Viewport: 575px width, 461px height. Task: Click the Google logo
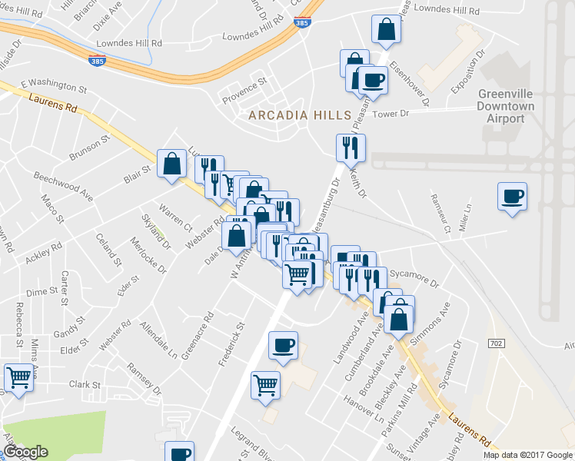tap(25, 452)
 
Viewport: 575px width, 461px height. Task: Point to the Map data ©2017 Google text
tap(527, 455)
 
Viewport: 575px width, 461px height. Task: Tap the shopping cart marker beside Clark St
tap(18, 377)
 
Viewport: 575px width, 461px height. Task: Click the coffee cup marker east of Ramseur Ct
tap(512, 197)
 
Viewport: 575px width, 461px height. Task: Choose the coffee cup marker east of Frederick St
tap(283, 345)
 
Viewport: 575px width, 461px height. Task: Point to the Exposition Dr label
tap(469, 72)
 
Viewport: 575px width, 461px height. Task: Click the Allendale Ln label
tap(158, 342)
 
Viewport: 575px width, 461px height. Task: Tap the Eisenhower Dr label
tap(408, 85)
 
